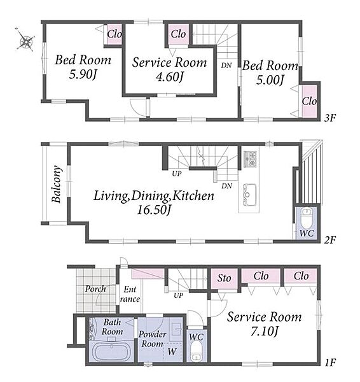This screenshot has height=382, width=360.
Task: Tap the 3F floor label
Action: click(x=330, y=118)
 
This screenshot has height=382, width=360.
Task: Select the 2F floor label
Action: click(x=330, y=241)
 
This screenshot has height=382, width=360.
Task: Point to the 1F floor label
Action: click(x=330, y=363)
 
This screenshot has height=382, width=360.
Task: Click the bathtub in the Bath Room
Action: click(x=111, y=352)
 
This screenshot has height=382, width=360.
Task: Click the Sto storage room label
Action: click(x=224, y=278)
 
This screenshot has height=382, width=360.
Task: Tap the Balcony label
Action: click(x=57, y=184)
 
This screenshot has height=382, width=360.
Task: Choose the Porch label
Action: click(x=95, y=289)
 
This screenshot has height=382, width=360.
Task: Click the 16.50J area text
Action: click(x=154, y=209)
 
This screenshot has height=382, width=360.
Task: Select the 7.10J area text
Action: click(x=265, y=331)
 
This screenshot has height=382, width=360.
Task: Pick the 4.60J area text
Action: click(x=170, y=77)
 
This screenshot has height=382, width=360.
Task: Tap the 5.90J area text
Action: click(x=83, y=74)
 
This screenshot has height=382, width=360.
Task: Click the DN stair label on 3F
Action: click(x=226, y=66)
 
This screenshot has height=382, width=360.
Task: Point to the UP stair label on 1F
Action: click(x=179, y=295)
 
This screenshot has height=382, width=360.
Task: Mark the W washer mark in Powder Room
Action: click(x=172, y=351)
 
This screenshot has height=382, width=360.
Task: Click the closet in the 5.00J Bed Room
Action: click(x=309, y=101)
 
